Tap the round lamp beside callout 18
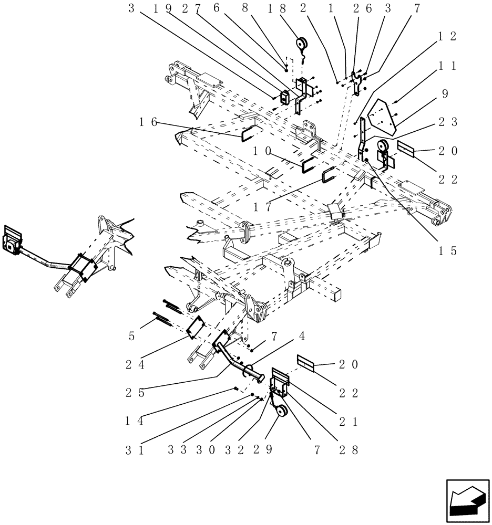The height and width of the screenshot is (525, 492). coord(303,44)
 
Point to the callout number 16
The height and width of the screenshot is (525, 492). coord(149,122)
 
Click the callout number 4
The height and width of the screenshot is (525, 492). coord(317,335)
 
